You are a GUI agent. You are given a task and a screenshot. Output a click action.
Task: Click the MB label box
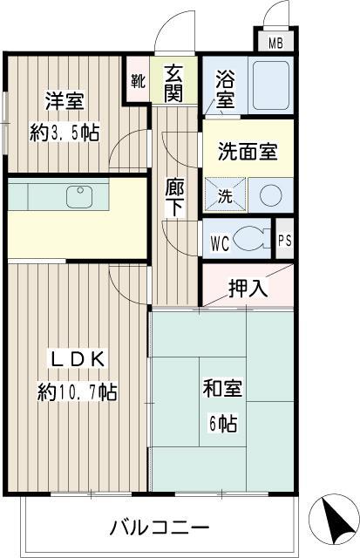coord(275,43)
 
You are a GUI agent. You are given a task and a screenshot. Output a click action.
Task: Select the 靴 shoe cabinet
coord(138,80)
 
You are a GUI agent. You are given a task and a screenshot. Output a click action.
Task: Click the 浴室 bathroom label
coord(225,87)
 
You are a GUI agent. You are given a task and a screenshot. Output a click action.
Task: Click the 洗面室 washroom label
coord(248,151)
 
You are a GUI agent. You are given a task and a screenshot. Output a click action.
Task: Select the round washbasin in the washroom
coord(270,194)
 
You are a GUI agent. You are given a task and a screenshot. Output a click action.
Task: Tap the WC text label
coord(219,242)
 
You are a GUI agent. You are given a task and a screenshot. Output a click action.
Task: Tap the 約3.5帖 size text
coord(64,133)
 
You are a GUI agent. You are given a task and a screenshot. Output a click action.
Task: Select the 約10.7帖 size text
coord(77,391)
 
